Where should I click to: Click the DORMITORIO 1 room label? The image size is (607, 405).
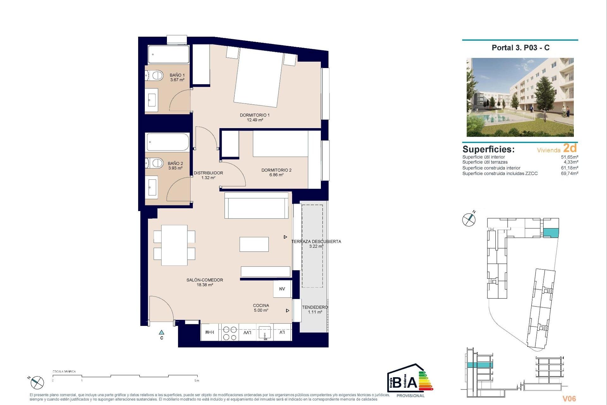254,117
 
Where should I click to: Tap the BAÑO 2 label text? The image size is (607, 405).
175,166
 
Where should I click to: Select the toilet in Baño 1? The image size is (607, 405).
155,76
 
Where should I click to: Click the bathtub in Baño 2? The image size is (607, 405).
168,142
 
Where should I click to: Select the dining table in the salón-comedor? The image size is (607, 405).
174,245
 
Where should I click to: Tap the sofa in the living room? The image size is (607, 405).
256,206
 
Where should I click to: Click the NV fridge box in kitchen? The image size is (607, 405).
282,289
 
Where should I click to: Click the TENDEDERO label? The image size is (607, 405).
315,309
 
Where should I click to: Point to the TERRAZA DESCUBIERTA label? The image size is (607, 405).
316,244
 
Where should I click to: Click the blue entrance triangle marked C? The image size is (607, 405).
162,333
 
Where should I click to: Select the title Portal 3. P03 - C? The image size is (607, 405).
520,48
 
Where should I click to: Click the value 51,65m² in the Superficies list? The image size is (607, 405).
569,157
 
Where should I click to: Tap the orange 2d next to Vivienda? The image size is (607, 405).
570,148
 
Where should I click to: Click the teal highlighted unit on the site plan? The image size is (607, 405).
551,233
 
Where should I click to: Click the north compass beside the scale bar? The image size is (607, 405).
37,383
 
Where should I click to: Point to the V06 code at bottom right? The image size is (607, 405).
569,399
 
